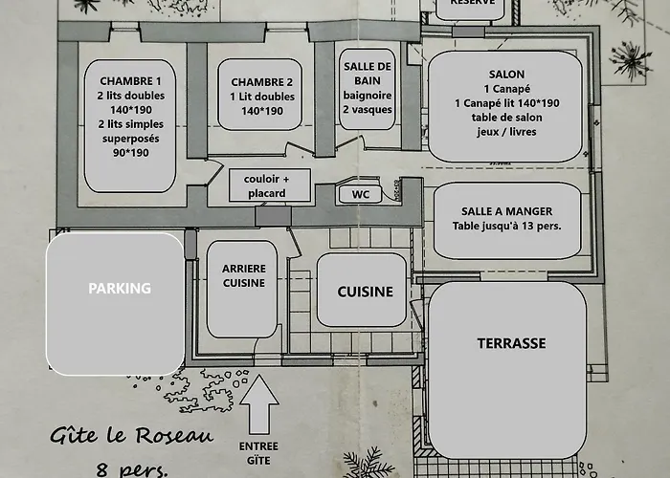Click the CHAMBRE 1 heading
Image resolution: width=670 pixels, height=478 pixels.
click(130, 81)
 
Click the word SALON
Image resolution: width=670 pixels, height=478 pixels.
click(505, 74)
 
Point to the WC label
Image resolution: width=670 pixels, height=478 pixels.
click(361, 194)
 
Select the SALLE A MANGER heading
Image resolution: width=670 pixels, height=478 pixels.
click(506, 211)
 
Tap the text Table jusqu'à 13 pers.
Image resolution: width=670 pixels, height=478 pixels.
click(506, 227)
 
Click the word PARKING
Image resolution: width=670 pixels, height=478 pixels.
click(120, 288)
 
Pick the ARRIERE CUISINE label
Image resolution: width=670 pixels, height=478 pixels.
click(243, 275)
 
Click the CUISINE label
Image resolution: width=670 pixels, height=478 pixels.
click(365, 292)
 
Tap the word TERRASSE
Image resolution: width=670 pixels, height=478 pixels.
click(511, 342)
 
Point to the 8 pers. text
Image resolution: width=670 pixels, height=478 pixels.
click(129, 468)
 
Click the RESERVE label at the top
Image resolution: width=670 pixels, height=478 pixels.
click(472, 4)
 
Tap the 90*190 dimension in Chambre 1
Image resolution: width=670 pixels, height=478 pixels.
click(130, 152)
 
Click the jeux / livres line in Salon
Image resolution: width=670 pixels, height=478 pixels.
click(505, 131)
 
